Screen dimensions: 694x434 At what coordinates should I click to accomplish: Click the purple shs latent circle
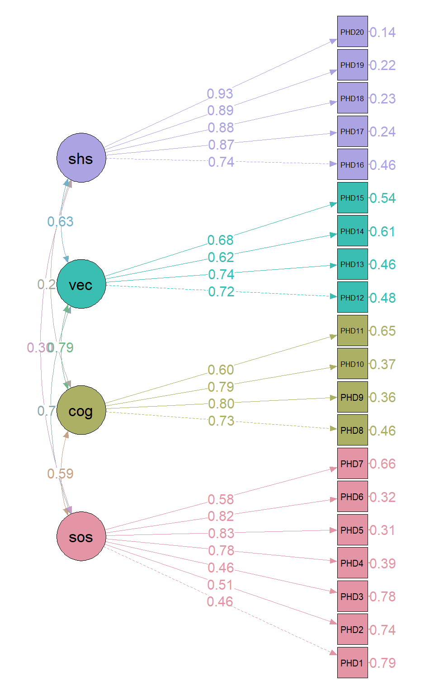tap(81, 158)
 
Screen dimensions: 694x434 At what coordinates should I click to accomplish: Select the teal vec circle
tap(81, 284)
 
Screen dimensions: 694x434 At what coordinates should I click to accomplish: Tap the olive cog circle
tap(81, 410)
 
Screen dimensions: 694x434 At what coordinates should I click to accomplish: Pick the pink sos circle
tap(81, 536)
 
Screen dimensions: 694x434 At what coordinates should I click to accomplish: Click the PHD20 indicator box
tap(352, 32)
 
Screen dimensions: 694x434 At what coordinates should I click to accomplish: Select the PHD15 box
tap(352, 198)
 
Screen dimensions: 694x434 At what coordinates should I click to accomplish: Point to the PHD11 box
tap(352, 331)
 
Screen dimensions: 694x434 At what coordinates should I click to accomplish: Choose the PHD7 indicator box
tap(352, 464)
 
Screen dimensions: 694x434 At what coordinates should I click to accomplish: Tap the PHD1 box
tap(352, 663)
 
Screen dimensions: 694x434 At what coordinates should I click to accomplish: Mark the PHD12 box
tap(352, 297)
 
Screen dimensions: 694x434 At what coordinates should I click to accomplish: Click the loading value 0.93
tap(220, 94)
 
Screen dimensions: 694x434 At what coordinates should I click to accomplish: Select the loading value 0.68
tap(221, 240)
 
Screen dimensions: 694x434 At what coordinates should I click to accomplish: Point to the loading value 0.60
tap(221, 370)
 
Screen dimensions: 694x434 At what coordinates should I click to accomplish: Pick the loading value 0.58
tap(221, 499)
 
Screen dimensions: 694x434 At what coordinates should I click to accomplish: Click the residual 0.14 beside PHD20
tap(382, 33)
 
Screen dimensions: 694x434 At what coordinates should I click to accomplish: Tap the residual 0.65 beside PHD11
tap(382, 331)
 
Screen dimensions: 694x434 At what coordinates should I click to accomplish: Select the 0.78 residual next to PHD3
tap(382, 597)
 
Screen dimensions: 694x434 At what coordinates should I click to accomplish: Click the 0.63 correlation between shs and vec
tap(60, 221)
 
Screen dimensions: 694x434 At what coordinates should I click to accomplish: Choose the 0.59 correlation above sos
tap(60, 474)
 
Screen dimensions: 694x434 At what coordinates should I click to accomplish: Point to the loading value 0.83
tap(221, 533)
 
